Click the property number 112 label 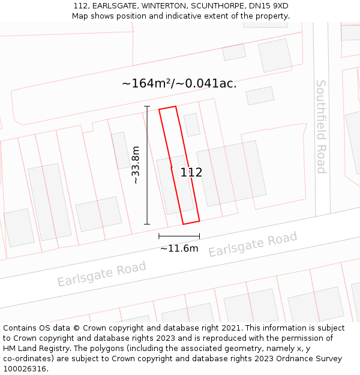pos(191,172)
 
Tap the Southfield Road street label pos(321,127)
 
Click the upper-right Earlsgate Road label pos(253,245)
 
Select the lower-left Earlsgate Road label pos(101,274)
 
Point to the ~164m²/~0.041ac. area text pos(179,83)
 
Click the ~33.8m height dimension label pos(136,165)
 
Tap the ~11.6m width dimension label pos(179,248)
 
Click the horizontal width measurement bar pos(179,236)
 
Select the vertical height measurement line pos(147,165)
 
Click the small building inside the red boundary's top pos(191,125)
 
